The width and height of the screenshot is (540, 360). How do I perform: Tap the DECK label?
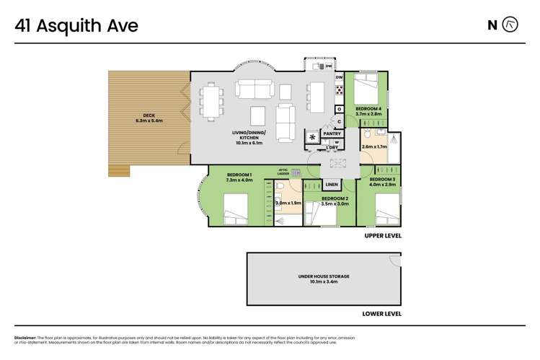coord(149,115)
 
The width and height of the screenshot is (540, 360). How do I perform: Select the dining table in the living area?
coord(211,101)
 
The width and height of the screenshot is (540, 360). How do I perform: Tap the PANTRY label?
coord(332,133)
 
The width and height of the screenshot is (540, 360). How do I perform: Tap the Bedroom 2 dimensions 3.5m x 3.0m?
coord(335,204)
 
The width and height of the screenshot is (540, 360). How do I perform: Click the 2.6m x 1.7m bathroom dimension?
coord(374,146)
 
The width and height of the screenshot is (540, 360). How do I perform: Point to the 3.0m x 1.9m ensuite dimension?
coord(288,203)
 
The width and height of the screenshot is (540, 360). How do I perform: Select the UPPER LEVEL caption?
coord(382,236)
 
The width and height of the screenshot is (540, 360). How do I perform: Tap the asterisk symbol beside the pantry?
coord(312,136)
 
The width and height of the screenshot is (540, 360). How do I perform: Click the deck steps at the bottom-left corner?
coord(120,170)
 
